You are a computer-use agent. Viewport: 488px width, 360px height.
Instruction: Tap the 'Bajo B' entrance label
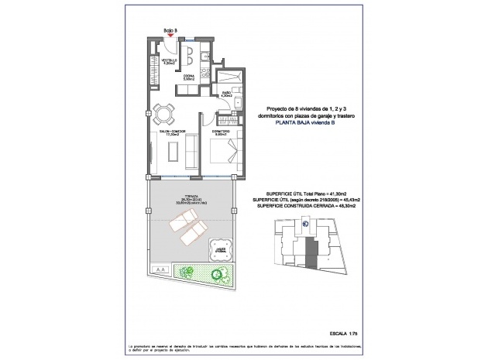click(x=170, y=31)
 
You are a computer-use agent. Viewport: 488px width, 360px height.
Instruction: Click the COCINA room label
click(x=188, y=77)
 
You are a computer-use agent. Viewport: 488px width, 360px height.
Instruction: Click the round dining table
click(x=163, y=115)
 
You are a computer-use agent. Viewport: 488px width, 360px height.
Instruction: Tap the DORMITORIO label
click(x=219, y=132)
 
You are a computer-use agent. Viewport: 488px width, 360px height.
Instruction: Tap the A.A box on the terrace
click(x=160, y=269)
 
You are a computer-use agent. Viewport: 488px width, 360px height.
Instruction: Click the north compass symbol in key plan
click(x=306, y=225)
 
